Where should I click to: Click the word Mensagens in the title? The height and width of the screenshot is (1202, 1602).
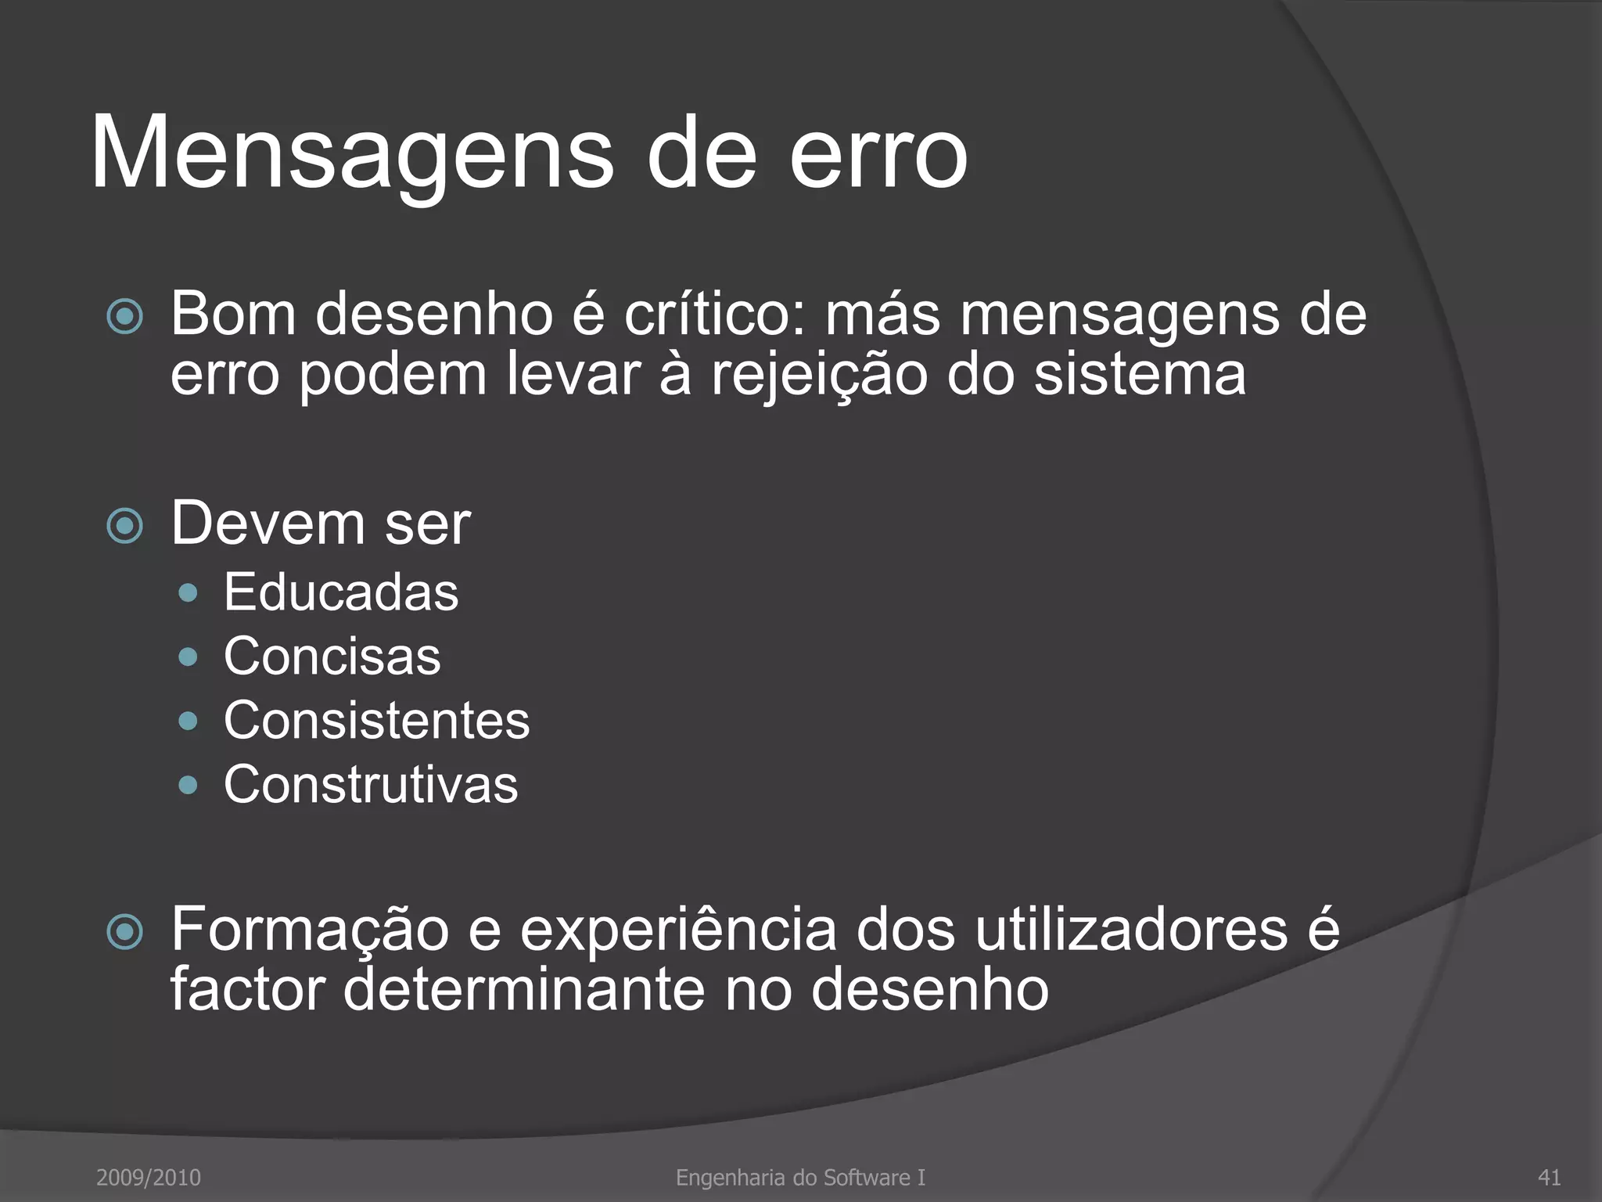point(352,153)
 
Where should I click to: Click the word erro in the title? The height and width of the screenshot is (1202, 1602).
point(878,153)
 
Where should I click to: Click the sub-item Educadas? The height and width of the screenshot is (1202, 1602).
point(341,592)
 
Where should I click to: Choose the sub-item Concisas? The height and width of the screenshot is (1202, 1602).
point(332,657)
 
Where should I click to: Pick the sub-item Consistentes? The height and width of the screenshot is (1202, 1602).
point(376,721)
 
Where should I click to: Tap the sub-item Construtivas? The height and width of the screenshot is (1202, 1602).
point(371,785)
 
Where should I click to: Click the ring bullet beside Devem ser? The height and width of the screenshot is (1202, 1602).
point(125,526)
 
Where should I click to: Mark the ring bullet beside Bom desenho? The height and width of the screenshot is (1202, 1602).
point(125,318)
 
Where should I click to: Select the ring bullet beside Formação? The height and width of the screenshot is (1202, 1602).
point(125,932)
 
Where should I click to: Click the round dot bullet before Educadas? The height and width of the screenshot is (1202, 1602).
point(188,593)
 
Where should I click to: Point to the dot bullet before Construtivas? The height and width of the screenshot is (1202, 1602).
point(188,785)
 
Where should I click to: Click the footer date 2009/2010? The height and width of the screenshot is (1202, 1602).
point(149,1177)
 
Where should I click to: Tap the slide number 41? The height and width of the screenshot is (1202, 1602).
point(1549,1177)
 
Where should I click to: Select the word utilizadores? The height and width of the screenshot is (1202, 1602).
point(1132,930)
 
